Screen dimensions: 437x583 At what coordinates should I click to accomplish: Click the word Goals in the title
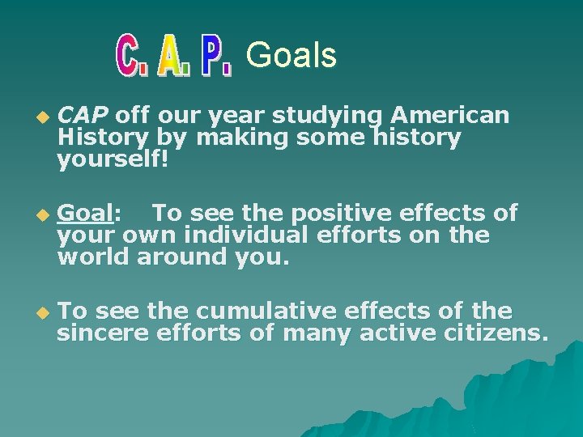click(x=291, y=56)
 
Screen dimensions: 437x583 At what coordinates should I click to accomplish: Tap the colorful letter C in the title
click(x=132, y=56)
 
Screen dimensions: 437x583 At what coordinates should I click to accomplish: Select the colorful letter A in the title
click(x=174, y=56)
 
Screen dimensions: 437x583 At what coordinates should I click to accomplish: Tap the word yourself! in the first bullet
click(x=113, y=161)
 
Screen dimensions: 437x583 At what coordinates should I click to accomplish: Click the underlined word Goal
click(x=86, y=213)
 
